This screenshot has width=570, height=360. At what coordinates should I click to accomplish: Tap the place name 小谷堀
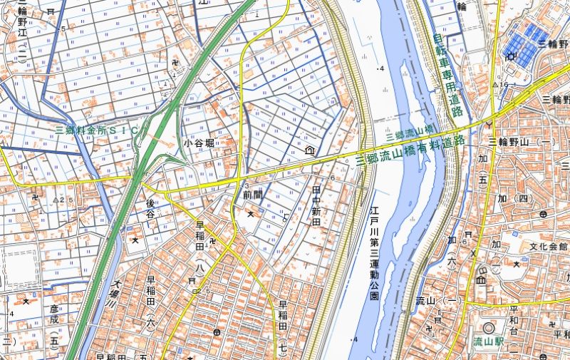199,143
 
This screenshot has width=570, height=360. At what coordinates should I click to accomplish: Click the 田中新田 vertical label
317,206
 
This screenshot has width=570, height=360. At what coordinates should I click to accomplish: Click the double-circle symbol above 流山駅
489,329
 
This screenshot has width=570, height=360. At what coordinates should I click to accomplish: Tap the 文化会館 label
549,247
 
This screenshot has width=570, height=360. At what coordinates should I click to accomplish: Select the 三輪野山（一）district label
523,143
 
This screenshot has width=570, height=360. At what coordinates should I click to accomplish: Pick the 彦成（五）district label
55,324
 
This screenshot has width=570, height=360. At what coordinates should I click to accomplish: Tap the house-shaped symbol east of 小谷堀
310,150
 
